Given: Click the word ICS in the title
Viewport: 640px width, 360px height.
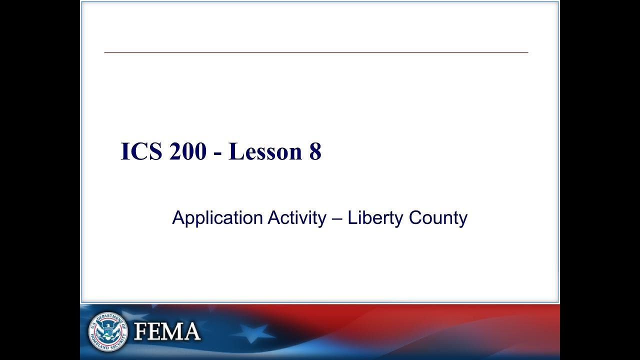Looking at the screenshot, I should pyautogui.click(x=141, y=151).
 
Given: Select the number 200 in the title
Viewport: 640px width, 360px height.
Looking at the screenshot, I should pyautogui.click(x=187, y=151).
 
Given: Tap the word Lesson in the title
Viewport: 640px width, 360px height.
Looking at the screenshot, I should pyautogui.click(x=261, y=151).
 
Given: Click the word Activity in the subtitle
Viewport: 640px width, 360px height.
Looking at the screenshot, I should pyautogui.click(x=296, y=218).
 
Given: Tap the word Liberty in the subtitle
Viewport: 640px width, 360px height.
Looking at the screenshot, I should pyautogui.click(x=375, y=218).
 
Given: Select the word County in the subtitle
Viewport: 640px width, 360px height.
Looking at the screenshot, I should pyautogui.click(x=438, y=218).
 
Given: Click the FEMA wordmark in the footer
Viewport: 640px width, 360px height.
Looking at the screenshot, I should pyautogui.click(x=167, y=331).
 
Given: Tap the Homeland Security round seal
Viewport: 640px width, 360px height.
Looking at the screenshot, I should pyautogui.click(x=107, y=331).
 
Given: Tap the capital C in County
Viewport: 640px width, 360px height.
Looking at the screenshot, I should pyautogui.click(x=415, y=218).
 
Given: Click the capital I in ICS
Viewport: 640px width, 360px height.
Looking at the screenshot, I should pyautogui.click(x=125, y=151).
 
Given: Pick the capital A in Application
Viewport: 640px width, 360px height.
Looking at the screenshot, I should pyautogui.click(x=178, y=218).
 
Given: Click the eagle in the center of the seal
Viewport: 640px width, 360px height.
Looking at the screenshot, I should pyautogui.click(x=107, y=330).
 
